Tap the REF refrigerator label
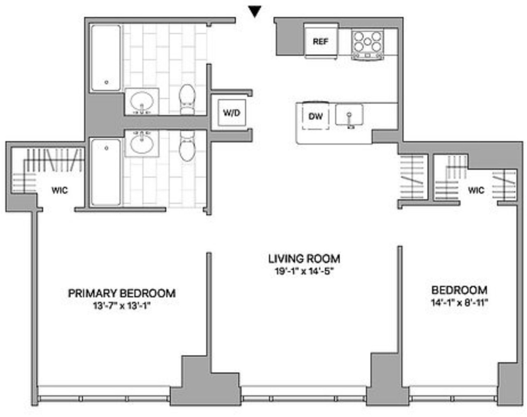[x=320, y=42]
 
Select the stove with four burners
[x=367, y=45]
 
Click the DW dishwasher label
[x=315, y=116]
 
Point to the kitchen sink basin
[x=349, y=115]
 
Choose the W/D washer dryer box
[x=231, y=113]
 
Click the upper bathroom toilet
[x=187, y=100]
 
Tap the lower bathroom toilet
[x=187, y=146]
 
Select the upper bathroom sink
[x=142, y=101]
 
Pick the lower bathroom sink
[x=142, y=143]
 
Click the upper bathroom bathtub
[x=106, y=58]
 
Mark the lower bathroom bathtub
[x=106, y=172]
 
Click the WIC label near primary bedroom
[x=60, y=190]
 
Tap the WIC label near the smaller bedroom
[x=476, y=190]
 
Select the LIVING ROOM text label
[x=304, y=259]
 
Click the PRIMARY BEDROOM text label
[x=121, y=293]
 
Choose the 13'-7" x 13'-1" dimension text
[x=121, y=306]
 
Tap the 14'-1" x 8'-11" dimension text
[x=460, y=302]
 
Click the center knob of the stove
[x=367, y=42]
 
